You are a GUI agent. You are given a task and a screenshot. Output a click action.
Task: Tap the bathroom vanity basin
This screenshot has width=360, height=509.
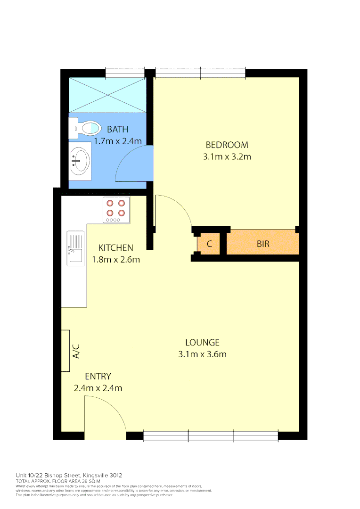(80, 160)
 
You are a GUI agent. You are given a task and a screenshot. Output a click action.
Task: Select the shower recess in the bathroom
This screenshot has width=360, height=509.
(106, 95)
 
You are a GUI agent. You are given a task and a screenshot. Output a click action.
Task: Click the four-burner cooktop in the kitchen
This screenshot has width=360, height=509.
(116, 210)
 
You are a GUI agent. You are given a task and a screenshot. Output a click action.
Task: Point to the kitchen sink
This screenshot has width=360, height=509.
(75, 248)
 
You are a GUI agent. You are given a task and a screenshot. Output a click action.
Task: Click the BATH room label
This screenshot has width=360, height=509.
(117, 129)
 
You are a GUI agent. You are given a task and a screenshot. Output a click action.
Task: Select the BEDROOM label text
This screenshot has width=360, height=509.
(227, 145)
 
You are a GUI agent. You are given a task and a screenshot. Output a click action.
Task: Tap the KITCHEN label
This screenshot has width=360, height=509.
(115, 247)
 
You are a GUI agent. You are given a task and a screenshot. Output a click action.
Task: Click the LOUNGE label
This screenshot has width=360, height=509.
(202, 343)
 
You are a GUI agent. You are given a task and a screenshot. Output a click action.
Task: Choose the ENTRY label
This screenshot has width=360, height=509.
(98, 377)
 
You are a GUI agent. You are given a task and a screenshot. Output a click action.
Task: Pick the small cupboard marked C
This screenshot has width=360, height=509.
(209, 245)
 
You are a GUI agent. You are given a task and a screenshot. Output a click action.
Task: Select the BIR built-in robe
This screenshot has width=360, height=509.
(263, 245)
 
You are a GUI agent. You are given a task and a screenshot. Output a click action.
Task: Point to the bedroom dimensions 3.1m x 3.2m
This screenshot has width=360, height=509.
(227, 156)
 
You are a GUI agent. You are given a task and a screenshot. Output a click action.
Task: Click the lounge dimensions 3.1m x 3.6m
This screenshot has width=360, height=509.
(202, 354)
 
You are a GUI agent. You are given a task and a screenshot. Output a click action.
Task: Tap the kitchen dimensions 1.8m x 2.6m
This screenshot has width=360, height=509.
(115, 259)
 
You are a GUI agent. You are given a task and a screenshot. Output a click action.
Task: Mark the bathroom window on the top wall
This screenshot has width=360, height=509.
(125, 73)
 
